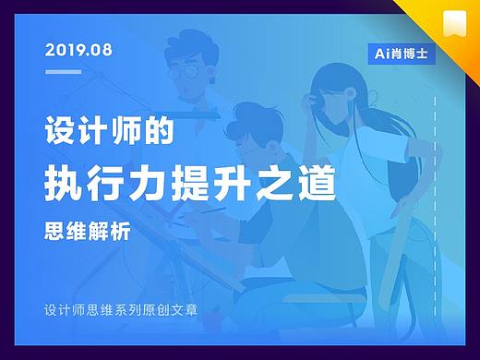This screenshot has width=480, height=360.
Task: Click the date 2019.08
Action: tap(78, 50)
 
